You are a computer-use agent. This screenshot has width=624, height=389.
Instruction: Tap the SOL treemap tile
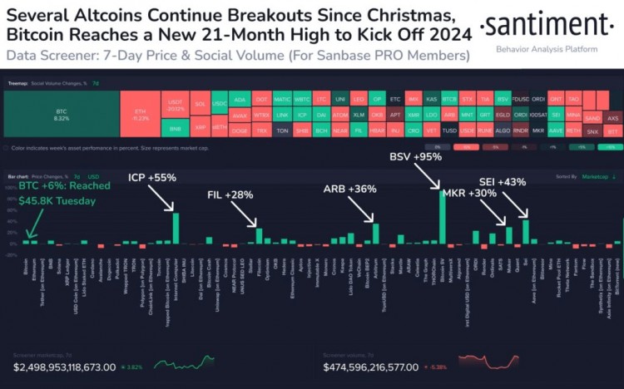(200, 106)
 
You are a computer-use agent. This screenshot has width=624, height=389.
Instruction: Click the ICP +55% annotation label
(151, 178)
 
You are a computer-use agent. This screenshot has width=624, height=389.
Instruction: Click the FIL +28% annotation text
(230, 195)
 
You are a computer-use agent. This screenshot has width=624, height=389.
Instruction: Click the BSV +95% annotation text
(416, 157)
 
